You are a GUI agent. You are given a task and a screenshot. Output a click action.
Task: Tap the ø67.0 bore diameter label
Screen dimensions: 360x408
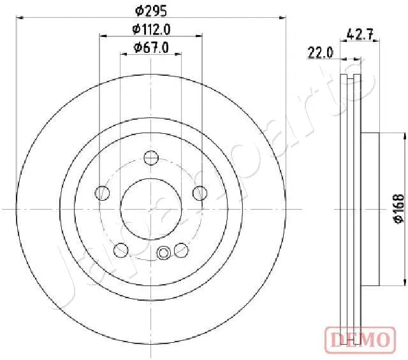click(x=150, y=47)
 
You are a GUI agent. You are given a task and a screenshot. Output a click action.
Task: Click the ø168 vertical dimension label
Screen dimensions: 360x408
click(x=397, y=208)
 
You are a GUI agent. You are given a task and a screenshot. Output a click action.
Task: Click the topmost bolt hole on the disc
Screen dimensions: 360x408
click(x=150, y=157)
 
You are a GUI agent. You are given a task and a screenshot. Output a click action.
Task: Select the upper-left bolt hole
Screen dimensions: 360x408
click(x=101, y=192)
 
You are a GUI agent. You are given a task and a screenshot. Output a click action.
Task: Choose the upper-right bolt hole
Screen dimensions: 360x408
click(x=200, y=192)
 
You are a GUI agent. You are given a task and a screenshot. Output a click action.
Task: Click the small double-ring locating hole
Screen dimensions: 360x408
click(x=164, y=253)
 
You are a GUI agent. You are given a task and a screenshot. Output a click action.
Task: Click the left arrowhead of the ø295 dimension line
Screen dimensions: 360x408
click(x=19, y=18)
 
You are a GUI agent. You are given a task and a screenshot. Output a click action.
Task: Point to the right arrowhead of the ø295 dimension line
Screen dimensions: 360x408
click(x=283, y=18)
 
